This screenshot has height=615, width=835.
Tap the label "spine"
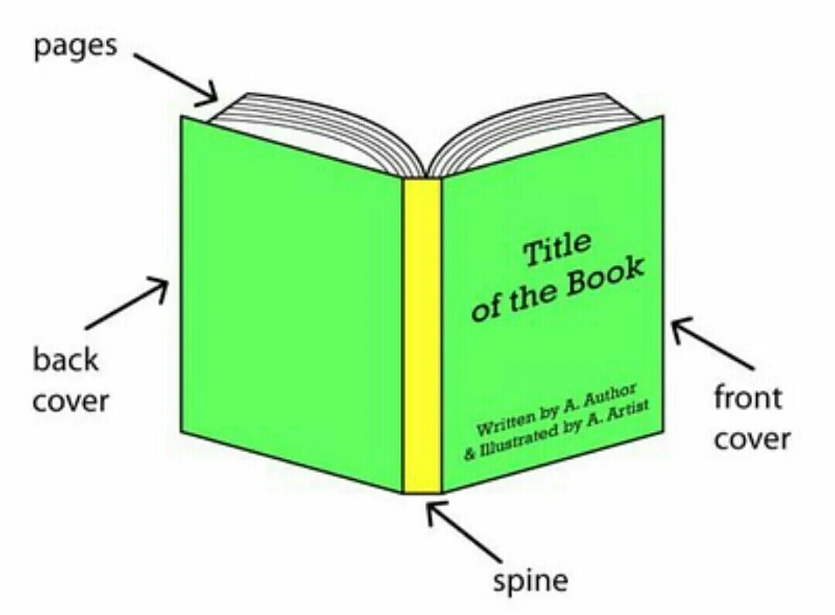tap(531, 580)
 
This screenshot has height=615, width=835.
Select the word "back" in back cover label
tap(66, 360)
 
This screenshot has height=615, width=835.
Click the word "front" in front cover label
tap(748, 398)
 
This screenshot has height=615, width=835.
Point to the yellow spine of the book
tap(421, 332)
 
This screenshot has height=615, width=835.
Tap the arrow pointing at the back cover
tap(128, 304)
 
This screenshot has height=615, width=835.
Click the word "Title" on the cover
tap(557, 250)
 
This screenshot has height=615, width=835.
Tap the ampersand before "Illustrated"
tap(469, 454)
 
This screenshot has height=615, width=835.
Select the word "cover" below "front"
tap(751, 439)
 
